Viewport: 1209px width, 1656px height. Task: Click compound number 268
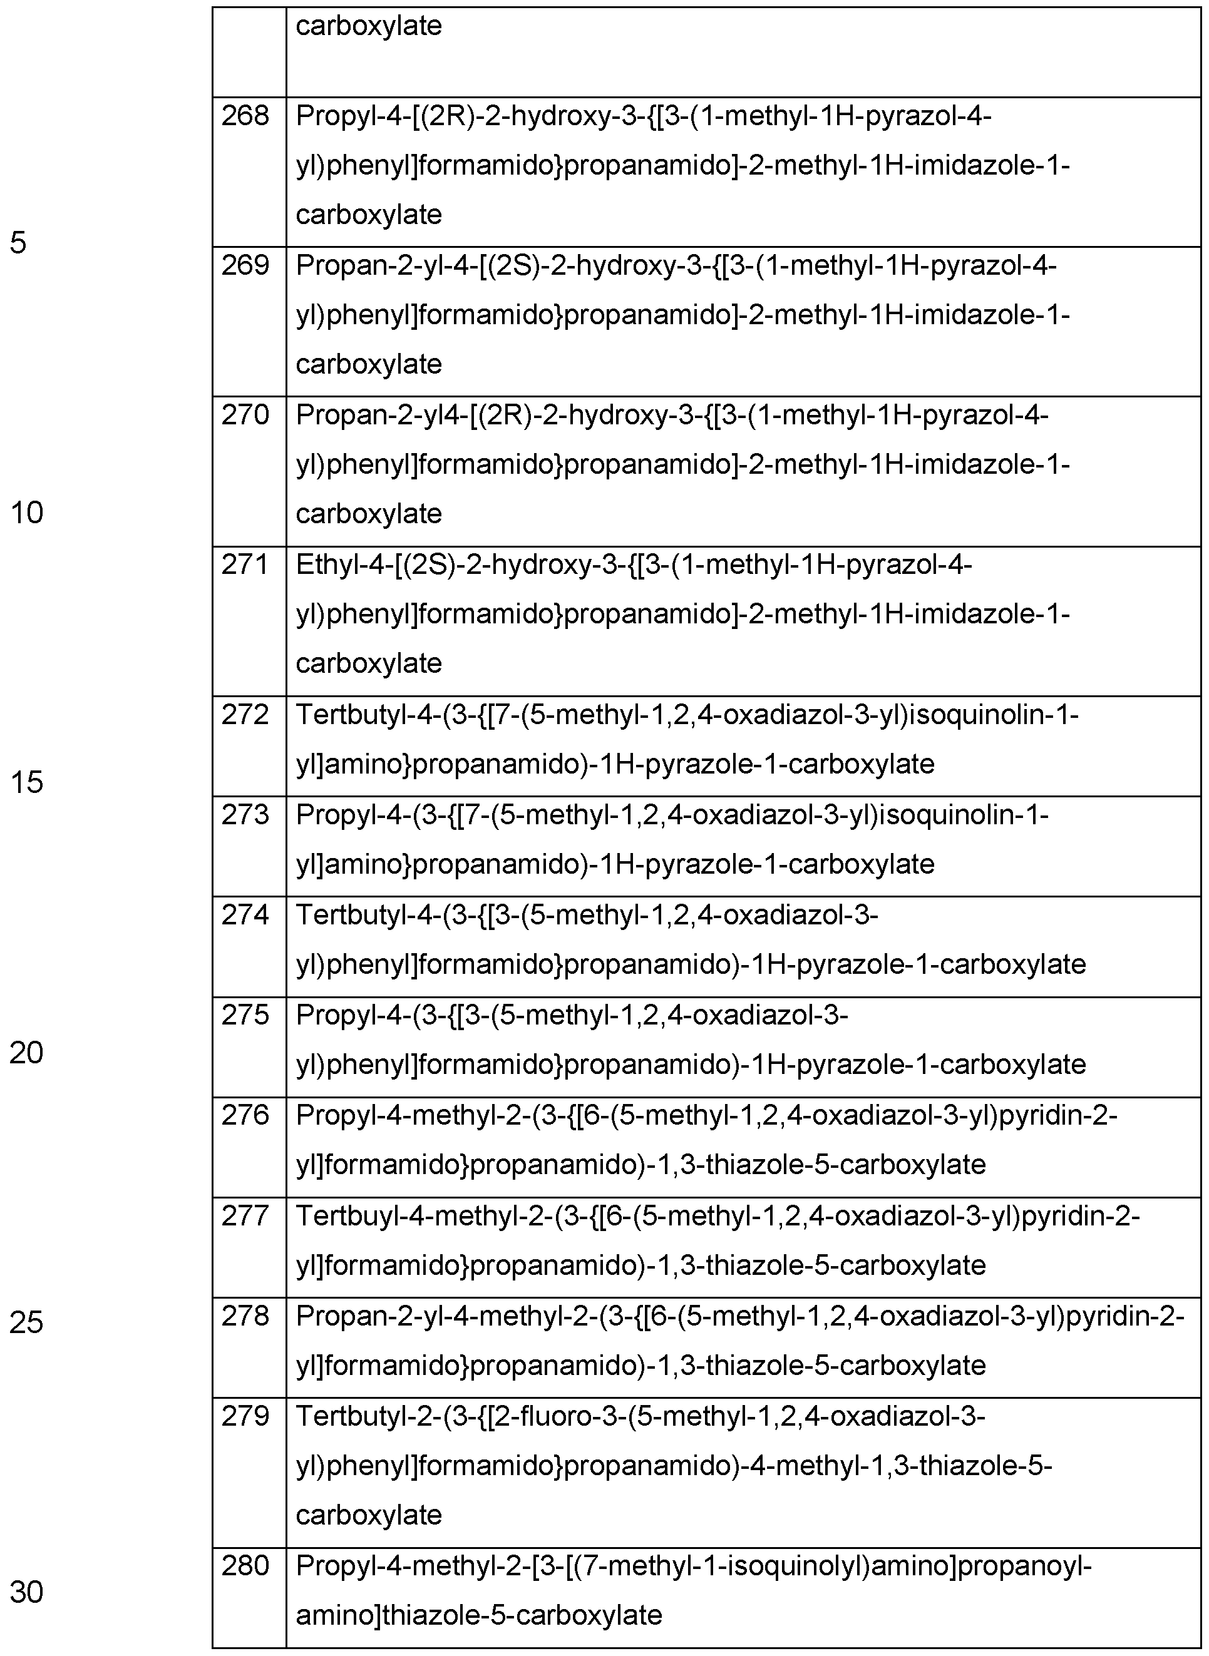(x=245, y=116)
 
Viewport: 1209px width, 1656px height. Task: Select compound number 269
(x=245, y=265)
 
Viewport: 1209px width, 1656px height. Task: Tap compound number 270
(x=245, y=415)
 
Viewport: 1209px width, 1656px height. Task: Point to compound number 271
(x=245, y=565)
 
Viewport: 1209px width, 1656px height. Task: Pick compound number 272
(x=245, y=714)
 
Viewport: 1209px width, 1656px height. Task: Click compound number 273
(x=245, y=814)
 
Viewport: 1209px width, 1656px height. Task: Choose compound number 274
(x=245, y=914)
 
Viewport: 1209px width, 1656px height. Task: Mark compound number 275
(x=245, y=1015)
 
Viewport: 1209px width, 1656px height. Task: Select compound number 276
(x=245, y=1115)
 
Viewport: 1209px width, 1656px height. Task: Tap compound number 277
(x=245, y=1215)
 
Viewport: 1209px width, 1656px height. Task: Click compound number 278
(x=245, y=1316)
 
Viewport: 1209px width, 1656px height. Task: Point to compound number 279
(x=245, y=1416)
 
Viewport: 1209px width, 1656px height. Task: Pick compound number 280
(x=245, y=1565)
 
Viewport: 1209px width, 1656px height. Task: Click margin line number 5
(x=18, y=242)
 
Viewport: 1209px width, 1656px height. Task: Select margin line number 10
(x=26, y=513)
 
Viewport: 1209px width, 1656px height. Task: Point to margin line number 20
(x=26, y=1053)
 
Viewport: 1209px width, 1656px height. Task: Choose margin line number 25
(x=26, y=1322)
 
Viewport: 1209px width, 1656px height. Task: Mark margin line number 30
(x=26, y=1592)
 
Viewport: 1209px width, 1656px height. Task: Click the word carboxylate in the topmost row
(x=368, y=26)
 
